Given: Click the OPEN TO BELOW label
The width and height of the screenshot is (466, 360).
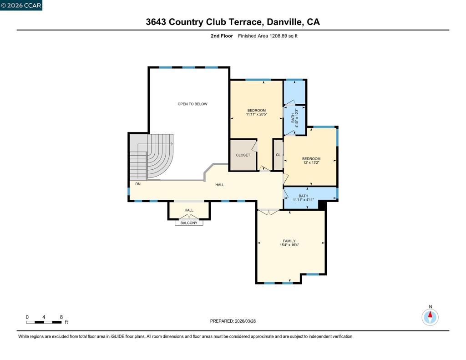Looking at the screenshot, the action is click(192, 104).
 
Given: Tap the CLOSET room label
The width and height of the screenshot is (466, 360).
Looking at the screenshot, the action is click(243, 155).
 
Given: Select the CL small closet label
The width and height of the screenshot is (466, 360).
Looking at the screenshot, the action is click(278, 155).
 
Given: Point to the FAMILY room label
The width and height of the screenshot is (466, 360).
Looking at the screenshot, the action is click(289, 241).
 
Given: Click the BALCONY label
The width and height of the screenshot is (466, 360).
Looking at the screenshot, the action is click(189, 223).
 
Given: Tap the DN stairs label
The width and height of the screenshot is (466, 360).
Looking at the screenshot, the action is click(138, 184).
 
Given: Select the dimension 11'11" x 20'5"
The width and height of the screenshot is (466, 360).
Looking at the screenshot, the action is click(257, 114).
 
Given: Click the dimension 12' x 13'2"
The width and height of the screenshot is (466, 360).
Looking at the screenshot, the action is click(311, 162).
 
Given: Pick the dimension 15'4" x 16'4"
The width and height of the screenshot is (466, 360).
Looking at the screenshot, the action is click(289, 245).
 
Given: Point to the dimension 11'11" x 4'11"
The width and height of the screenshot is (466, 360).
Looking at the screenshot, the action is click(304, 200).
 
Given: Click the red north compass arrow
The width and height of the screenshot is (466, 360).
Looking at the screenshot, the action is click(430, 315).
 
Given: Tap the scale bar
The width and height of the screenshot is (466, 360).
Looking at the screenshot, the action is click(44, 322).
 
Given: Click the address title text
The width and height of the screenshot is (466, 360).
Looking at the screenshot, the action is click(233, 22).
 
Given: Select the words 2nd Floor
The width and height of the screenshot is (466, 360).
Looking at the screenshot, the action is click(222, 36).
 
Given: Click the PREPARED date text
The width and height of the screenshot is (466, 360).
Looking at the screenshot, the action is click(233, 321).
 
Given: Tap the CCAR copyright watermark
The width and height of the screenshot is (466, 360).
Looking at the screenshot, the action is click(21, 5).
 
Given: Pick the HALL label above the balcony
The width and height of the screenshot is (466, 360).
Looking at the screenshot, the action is click(189, 210).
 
